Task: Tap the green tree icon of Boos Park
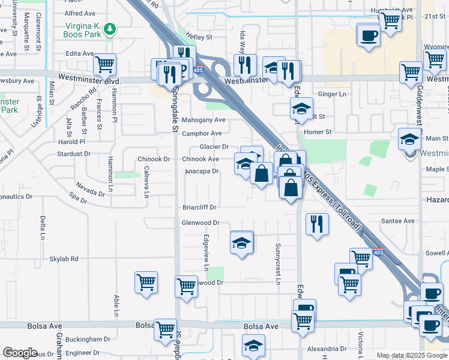tap(109, 28)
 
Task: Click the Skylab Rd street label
tap(64, 259)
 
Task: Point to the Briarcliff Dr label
tap(199, 207)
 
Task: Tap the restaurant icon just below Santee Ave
tap(316, 224)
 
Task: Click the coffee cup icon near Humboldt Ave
tap(368, 34)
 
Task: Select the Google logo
tap(20, 353)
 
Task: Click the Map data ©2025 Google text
tap(411, 355)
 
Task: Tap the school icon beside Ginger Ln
tap(301, 109)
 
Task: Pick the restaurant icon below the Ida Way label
tap(245, 64)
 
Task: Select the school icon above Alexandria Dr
tap(253, 345)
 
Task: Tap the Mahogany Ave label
tap(203, 120)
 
